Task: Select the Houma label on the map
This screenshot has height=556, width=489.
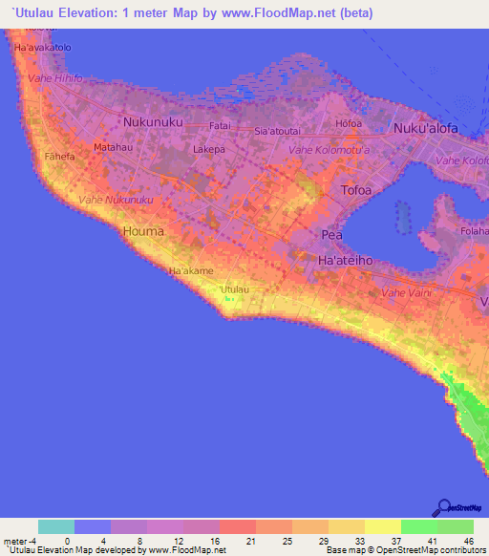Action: pyautogui.click(x=143, y=231)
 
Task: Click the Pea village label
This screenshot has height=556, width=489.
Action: pyautogui.click(x=332, y=234)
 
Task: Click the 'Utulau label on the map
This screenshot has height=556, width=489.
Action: pyautogui.click(x=234, y=289)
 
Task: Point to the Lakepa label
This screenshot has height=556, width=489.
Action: pyautogui.click(x=208, y=150)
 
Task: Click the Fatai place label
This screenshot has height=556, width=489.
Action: pyautogui.click(x=221, y=125)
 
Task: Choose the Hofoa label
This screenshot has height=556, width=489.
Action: pyautogui.click(x=350, y=122)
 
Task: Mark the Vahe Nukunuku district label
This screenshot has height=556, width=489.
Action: pyautogui.click(x=116, y=199)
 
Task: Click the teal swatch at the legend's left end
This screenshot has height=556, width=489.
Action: pyautogui.click(x=56, y=526)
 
